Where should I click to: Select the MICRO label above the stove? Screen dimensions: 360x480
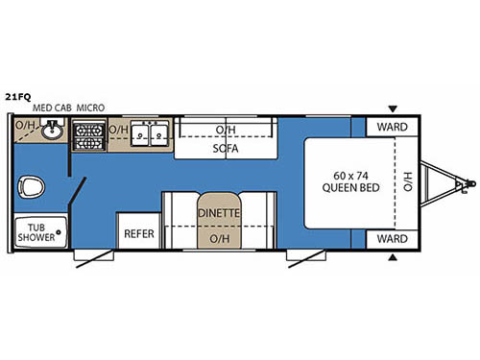[91, 108]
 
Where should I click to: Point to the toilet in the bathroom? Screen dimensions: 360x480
[36, 185]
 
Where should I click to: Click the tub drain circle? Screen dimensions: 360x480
[57, 231]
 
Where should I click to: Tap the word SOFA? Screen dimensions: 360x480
[226, 149]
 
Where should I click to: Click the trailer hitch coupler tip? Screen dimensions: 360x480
[470, 181]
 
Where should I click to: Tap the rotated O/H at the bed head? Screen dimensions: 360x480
[406, 181]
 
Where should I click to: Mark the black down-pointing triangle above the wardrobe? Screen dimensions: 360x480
[391, 108]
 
